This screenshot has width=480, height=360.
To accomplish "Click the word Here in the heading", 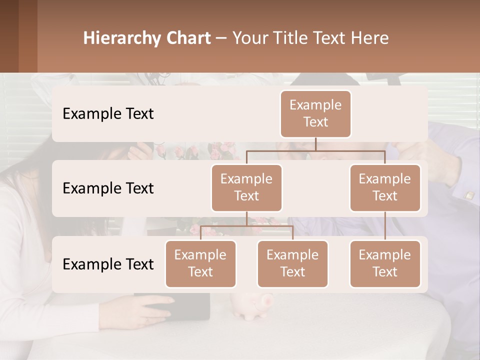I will pos(369,38).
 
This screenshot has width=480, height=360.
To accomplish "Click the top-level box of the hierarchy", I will pos(315,113).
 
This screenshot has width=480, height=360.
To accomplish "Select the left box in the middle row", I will pos(246,187).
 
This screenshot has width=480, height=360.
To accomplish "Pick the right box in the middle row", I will pos(385,187).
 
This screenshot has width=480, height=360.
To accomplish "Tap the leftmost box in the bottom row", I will pos(200,263).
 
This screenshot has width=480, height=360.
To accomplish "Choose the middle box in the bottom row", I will pos(292,263).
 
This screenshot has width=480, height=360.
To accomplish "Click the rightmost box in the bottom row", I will pos(385,263).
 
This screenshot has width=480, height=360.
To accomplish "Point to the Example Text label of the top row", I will pos(108,114).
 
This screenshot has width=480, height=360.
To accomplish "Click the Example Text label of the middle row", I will pos(108,188).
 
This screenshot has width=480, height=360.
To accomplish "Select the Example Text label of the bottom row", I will pos(108,264).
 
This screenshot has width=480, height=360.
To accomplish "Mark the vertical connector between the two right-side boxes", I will pos(385,226).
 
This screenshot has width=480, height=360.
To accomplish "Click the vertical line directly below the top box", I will pos(315,144).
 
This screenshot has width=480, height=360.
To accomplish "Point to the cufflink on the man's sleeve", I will pos(469,195).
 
